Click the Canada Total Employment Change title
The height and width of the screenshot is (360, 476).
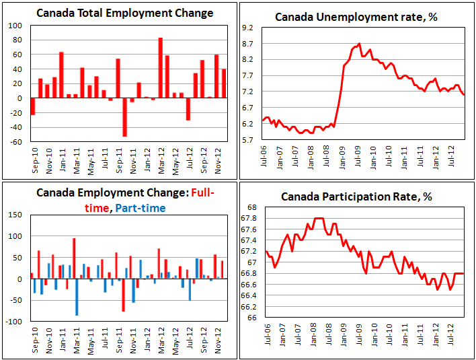click(x=124, y=13)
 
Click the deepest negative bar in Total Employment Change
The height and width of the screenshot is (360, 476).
click(x=124, y=117)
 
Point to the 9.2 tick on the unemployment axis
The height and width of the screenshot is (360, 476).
click(x=247, y=28)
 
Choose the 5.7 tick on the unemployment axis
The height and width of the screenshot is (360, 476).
click(x=247, y=140)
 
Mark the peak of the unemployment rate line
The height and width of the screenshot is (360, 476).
click(x=360, y=44)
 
